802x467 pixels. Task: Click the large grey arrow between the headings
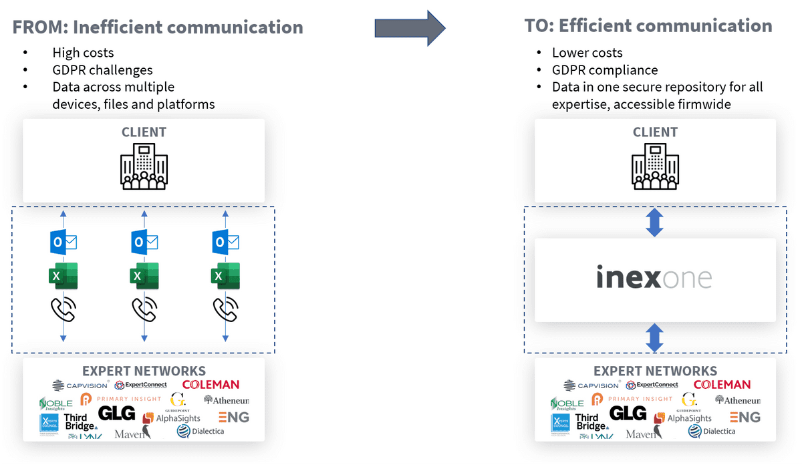pyautogui.click(x=409, y=27)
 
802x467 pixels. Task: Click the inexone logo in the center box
pyautogui.click(x=654, y=278)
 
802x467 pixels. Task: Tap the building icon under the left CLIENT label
pyautogui.click(x=144, y=168)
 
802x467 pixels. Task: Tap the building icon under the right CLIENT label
pyautogui.click(x=655, y=168)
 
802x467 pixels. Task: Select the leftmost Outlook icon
pyautogui.click(x=63, y=242)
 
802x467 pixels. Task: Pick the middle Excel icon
pyautogui.click(x=144, y=276)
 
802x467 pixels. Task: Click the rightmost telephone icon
pyautogui.click(x=225, y=309)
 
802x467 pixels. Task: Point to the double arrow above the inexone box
pyautogui.click(x=655, y=222)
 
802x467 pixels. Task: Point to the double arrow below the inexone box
pyautogui.click(x=655, y=337)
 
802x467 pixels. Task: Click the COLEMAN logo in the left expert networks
pyautogui.click(x=211, y=385)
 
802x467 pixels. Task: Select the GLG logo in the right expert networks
pyautogui.click(x=628, y=414)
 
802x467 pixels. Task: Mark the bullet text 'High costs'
pyautogui.click(x=83, y=53)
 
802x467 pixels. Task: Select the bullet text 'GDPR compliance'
pyautogui.click(x=605, y=70)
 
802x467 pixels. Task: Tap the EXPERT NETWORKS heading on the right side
pyautogui.click(x=655, y=371)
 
